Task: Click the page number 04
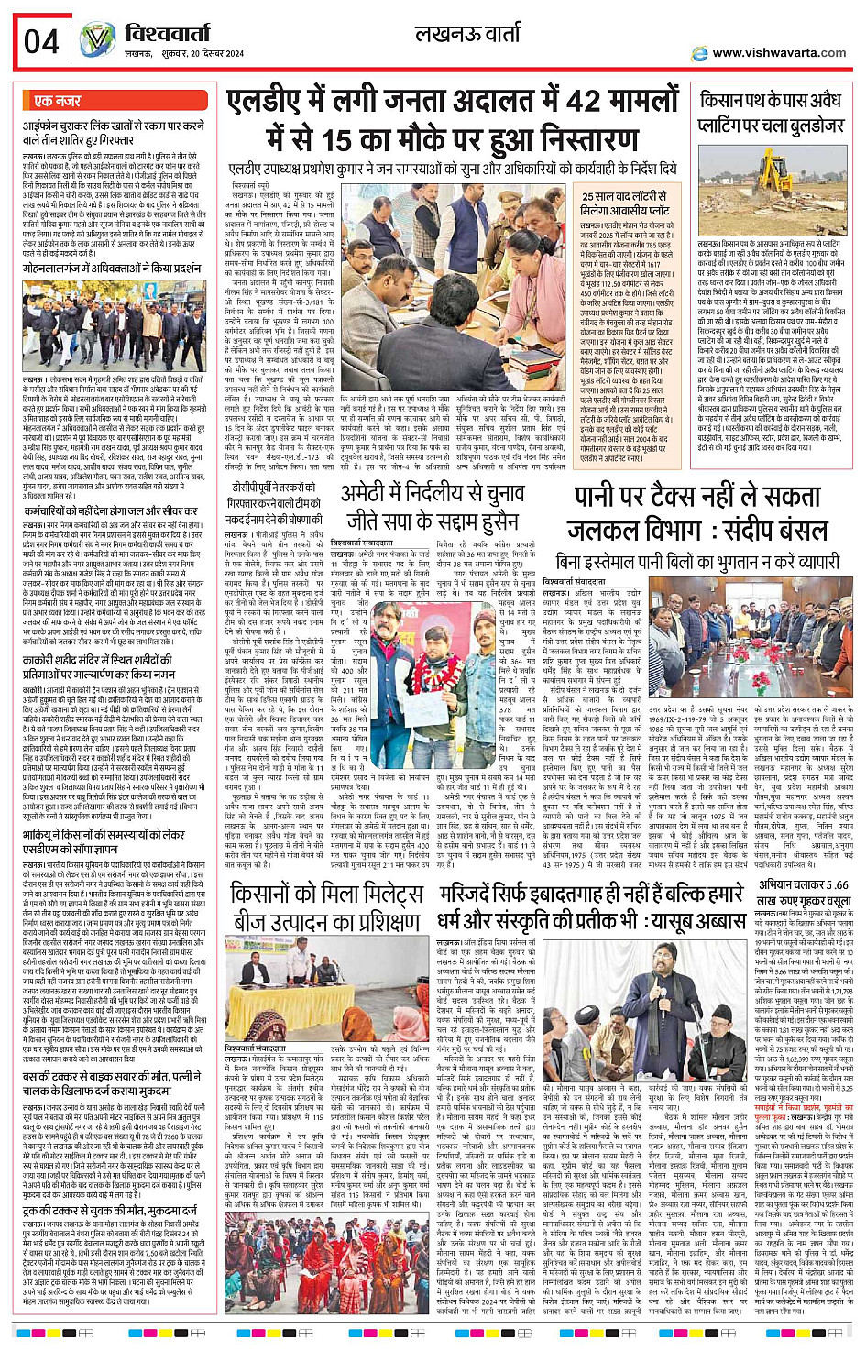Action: (x=41, y=41)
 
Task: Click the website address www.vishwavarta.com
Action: (x=778, y=53)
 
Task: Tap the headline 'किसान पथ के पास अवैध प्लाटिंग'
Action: (x=770, y=112)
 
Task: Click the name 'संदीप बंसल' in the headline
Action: (x=759, y=532)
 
